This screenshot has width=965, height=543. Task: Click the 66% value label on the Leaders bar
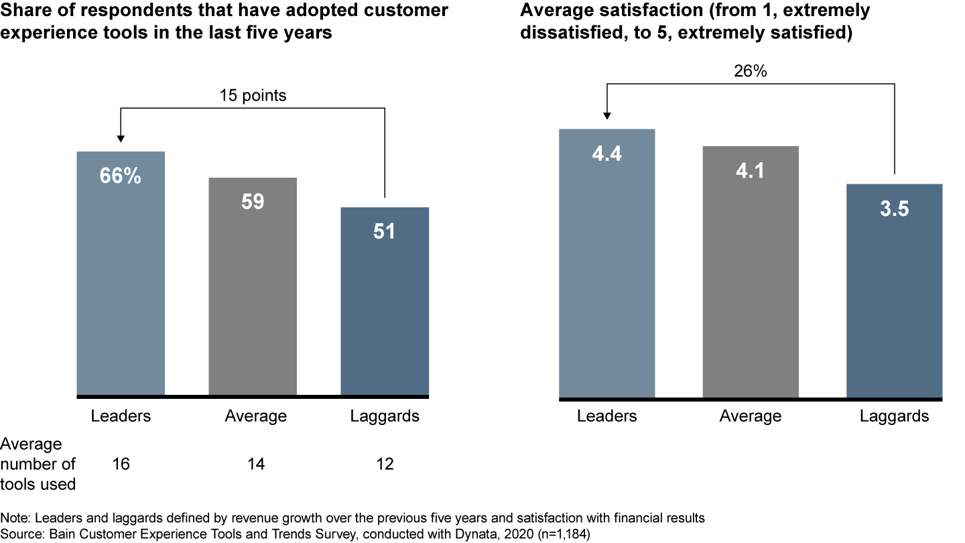(x=121, y=176)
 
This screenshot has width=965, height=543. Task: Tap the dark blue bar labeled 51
(x=385, y=301)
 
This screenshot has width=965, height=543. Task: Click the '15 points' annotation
(x=253, y=96)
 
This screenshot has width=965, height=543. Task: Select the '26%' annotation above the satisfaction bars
(x=751, y=71)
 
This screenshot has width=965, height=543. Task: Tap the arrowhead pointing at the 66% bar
(x=121, y=138)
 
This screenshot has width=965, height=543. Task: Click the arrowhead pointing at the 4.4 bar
(x=606, y=115)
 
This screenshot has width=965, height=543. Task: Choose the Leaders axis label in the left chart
(x=121, y=416)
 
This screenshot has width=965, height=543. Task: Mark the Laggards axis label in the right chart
(x=894, y=416)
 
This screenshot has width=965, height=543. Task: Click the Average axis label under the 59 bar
(x=255, y=416)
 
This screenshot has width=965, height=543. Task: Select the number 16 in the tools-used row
(x=121, y=464)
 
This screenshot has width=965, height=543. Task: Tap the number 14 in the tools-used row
(x=255, y=464)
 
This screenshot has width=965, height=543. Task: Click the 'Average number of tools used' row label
(x=38, y=464)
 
